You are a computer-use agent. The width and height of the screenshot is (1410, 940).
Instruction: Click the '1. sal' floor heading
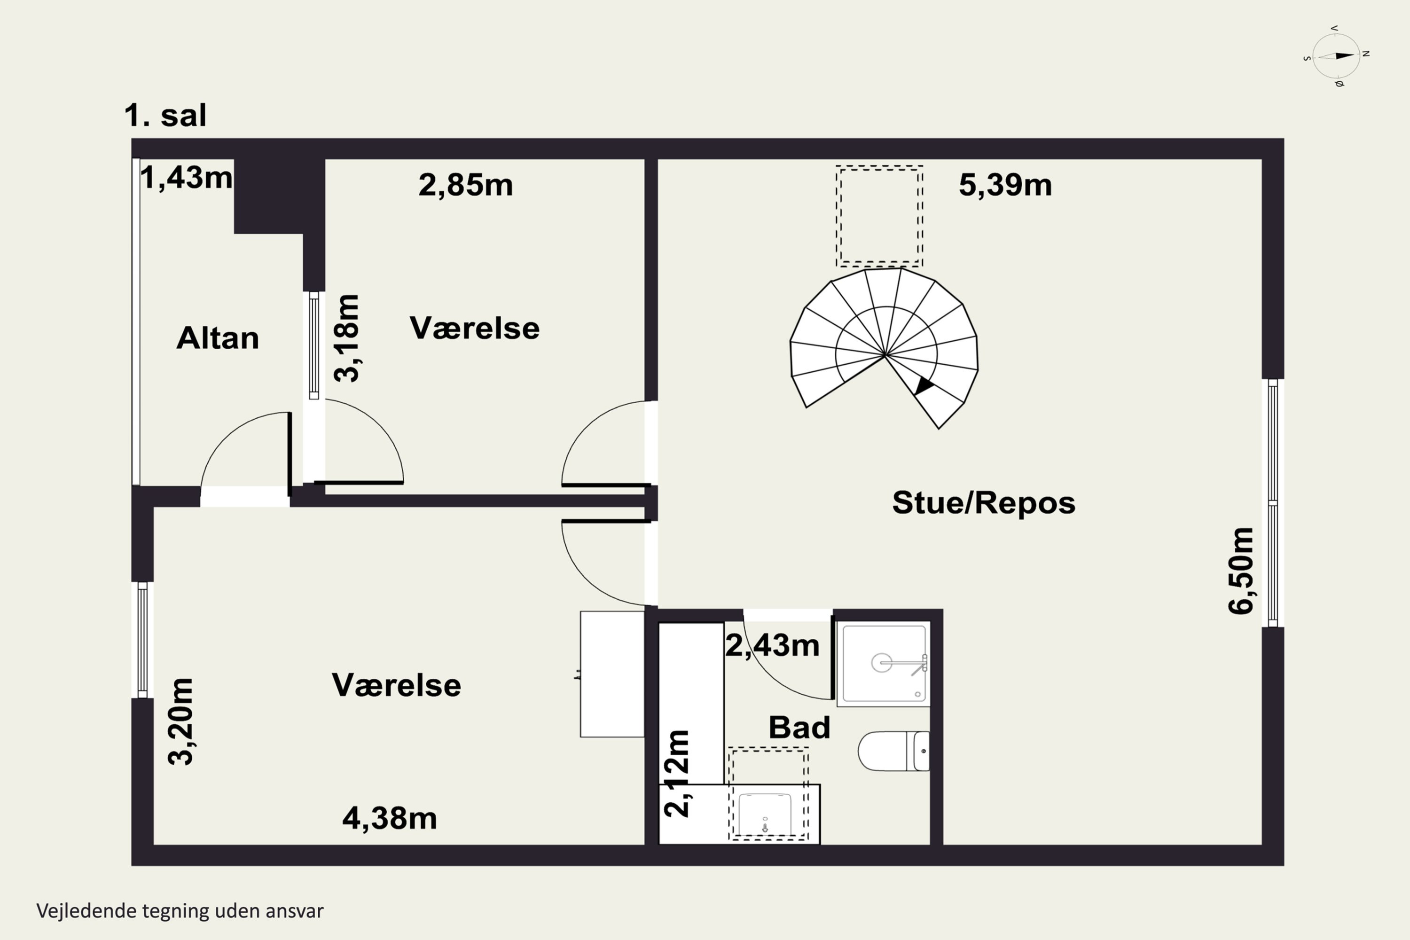(165, 115)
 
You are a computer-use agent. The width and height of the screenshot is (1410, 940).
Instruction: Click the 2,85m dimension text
(465, 185)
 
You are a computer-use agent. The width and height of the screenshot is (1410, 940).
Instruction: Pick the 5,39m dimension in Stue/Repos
(1005, 185)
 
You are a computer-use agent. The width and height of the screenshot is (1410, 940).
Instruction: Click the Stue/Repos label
(983, 502)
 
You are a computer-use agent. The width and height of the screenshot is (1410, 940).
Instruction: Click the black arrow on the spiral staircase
(923, 385)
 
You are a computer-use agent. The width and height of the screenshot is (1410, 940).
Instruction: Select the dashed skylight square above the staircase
(879, 216)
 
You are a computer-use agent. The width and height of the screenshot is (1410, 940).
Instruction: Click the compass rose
(1336, 56)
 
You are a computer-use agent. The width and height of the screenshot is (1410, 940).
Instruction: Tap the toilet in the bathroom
(893, 751)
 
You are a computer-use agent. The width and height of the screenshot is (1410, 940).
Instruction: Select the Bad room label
(799, 727)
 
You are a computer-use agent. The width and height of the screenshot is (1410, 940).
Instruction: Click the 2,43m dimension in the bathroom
(772, 646)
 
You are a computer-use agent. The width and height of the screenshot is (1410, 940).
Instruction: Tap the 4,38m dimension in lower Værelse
(389, 818)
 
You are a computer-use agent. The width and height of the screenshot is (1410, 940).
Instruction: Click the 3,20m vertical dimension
(180, 722)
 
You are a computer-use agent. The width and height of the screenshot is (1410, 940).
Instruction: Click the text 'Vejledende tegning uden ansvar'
(180, 911)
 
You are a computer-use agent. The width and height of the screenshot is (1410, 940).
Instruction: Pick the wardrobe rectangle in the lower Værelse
(611, 674)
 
